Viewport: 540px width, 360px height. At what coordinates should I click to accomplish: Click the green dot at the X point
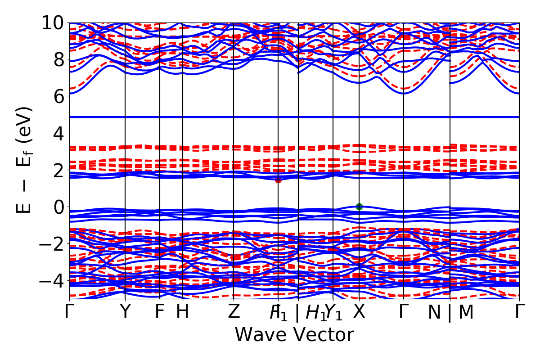coord(359,207)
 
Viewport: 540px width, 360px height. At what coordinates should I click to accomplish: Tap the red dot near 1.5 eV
coord(278,180)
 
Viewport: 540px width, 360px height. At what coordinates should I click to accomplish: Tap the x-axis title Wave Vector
coord(294,335)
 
